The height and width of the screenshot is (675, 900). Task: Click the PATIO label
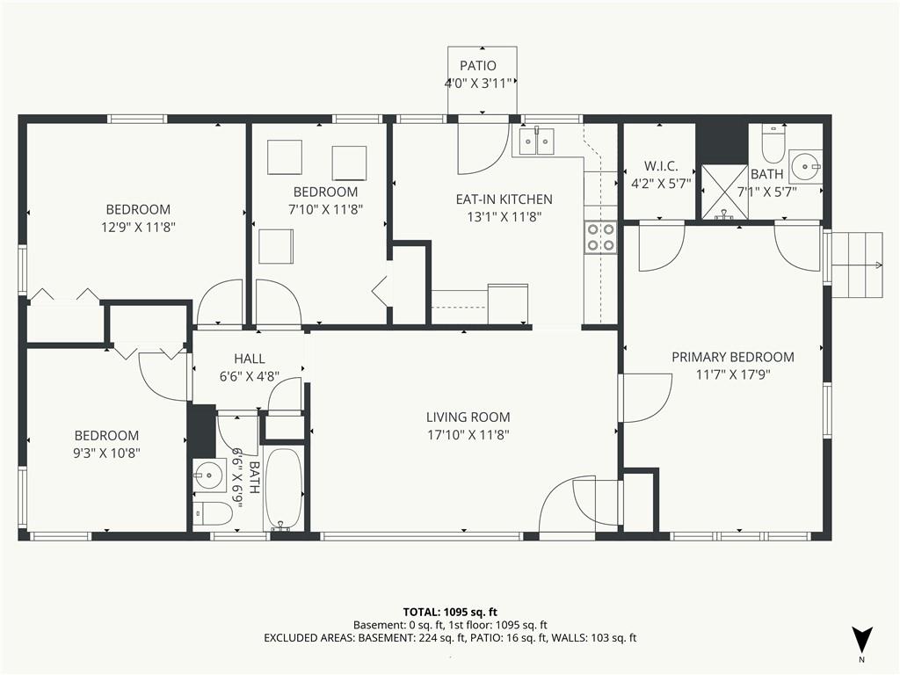coord(477,65)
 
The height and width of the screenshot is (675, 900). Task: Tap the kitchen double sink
coord(537,141)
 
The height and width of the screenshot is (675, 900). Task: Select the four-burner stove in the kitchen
coord(600,237)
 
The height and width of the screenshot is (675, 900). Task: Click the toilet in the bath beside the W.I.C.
coord(773,144)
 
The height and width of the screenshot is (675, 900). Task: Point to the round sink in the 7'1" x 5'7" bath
coord(805,167)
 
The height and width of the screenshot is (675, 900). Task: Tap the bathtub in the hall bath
coord(282,489)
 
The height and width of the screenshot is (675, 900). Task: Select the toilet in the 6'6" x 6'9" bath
coord(212,513)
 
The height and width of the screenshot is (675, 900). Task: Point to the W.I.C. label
coord(661,166)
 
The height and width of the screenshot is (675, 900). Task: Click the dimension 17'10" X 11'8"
coord(468,435)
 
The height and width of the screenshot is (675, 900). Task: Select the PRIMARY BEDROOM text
coord(733,357)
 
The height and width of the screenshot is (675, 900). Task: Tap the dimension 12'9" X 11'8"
coord(138,228)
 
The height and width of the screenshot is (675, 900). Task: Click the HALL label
coord(249,359)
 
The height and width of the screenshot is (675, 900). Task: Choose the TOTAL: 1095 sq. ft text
coord(450,612)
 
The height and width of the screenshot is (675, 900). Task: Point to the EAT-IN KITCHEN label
coord(504,200)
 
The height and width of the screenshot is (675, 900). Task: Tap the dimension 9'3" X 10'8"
coord(106,454)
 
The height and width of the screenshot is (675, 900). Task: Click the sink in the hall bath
coord(209,475)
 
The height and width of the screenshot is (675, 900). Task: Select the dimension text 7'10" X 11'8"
coord(325,209)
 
